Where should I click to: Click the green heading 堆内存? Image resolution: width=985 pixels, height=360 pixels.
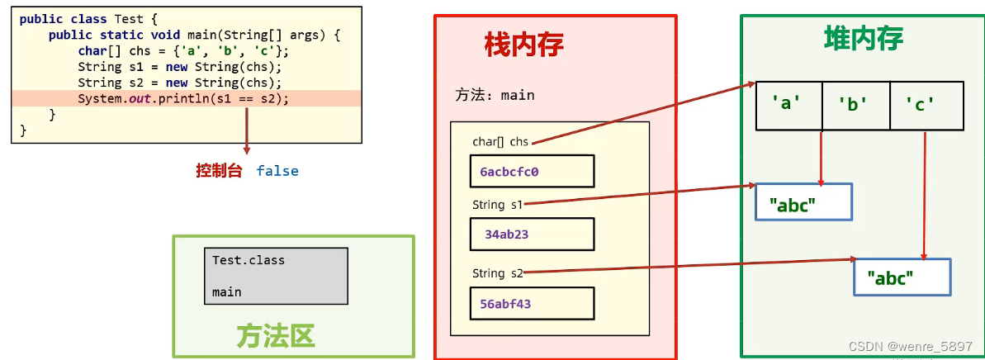coord(863,38)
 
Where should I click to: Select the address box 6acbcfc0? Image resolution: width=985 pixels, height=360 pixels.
coord(532,172)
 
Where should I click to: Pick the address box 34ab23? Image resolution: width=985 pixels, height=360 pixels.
coord(532,234)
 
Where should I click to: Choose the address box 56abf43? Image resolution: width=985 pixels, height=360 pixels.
coord(532,304)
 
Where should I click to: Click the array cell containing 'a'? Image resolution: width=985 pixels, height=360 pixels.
coord(788,105)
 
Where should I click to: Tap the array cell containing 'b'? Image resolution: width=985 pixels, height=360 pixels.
coord(855,105)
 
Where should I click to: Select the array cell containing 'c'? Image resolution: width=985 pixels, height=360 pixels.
coord(926,105)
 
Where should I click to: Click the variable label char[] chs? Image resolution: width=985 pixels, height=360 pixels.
coord(500,142)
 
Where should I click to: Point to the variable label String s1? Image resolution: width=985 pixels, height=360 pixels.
coord(497,204)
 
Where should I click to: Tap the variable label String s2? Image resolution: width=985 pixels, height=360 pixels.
coord(497,273)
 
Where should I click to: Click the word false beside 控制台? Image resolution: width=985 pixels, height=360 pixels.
coord(277,171)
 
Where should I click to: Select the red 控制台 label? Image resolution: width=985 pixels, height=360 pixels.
coord(219,171)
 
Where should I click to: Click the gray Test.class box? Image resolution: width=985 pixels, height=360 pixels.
coord(275,276)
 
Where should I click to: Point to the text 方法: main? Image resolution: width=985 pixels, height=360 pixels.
coord(495,95)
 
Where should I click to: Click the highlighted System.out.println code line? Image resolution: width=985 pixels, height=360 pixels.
coord(184,98)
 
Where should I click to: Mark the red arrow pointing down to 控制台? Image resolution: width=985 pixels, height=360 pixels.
coord(246,130)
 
